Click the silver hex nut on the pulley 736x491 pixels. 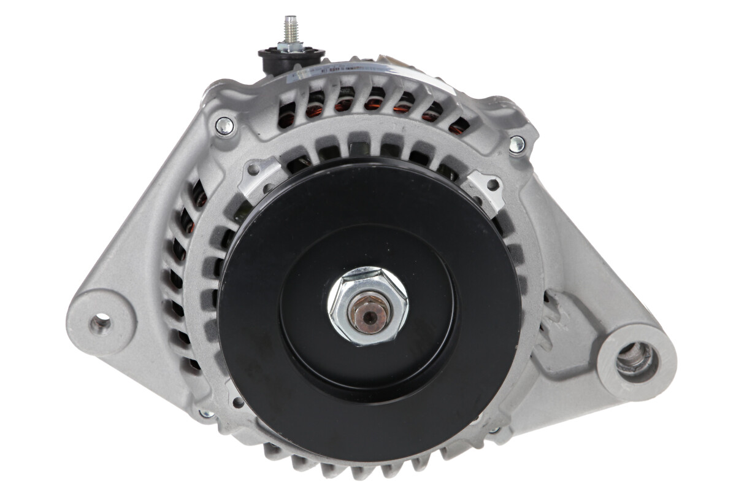click(367, 305)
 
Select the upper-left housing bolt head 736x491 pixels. click(224, 125)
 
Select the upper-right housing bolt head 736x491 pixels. click(517, 145)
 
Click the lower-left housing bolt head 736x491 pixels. click(207, 413)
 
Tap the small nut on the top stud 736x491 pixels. click(289, 45)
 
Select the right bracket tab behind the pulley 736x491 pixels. click(488, 187)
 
